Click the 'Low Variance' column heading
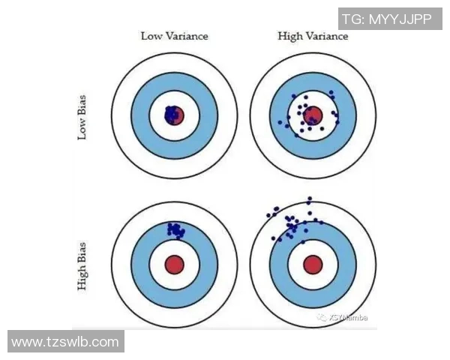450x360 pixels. point(175,36)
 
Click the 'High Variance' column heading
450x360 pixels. point(312,36)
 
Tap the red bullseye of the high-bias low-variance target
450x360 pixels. point(174,264)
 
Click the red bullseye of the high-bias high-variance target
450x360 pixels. point(312,264)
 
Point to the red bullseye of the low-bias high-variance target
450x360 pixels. point(313,115)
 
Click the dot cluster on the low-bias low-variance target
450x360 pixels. point(172,114)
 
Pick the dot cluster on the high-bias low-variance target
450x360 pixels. point(177,229)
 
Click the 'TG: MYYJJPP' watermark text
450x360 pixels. point(386,19)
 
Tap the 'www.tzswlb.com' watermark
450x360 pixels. point(65,342)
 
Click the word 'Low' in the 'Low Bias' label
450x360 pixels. point(82,128)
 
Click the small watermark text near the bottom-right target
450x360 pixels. point(344,317)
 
